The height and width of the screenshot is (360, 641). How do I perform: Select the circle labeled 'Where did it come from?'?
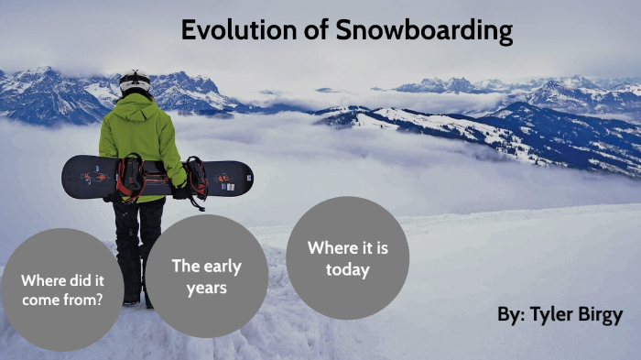tap(61, 289)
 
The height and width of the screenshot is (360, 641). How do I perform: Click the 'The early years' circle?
tap(206, 276)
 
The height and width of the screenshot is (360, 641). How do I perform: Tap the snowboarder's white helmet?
tap(135, 82)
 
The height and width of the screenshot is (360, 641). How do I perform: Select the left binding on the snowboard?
tap(130, 176)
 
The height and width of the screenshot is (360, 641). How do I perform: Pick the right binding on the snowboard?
tap(195, 177)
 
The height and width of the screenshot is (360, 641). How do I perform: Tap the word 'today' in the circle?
tap(347, 269)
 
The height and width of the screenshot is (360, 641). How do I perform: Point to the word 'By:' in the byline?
tap(511, 315)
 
